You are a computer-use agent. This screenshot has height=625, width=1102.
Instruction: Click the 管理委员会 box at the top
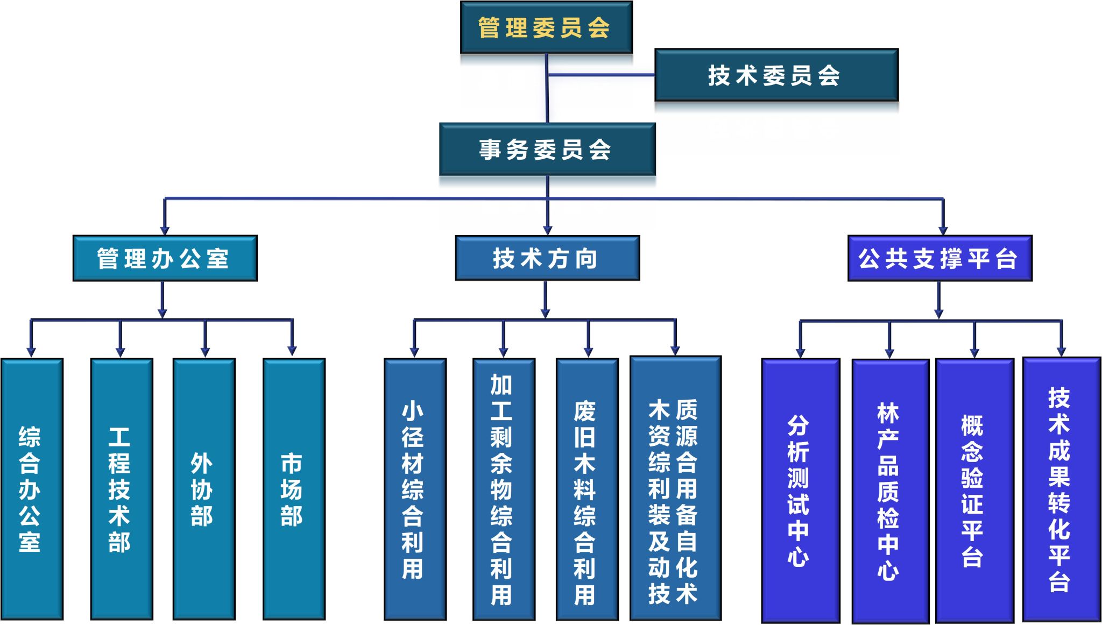pyautogui.click(x=546, y=27)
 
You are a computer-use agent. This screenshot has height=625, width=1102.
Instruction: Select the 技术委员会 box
pyautogui.click(x=776, y=75)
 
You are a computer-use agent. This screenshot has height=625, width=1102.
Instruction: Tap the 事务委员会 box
pyautogui.click(x=547, y=149)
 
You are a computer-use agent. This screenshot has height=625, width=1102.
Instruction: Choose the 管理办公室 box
pyautogui.click(x=165, y=258)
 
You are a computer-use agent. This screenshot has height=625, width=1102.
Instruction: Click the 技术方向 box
pyautogui.click(x=547, y=258)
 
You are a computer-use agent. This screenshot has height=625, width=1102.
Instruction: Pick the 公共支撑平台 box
pyautogui.click(x=939, y=258)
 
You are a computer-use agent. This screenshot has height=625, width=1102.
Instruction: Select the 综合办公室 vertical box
pyautogui.click(x=32, y=488)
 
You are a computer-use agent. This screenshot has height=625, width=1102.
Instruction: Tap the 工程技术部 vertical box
pyautogui.click(x=121, y=488)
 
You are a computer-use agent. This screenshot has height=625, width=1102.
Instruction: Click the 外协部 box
pyautogui.click(x=203, y=488)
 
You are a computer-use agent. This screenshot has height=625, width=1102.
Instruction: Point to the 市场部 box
pyautogui.click(x=293, y=488)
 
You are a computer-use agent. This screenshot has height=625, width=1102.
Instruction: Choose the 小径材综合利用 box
pyautogui.click(x=414, y=488)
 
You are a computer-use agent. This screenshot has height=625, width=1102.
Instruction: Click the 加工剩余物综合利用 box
pyautogui.click(x=503, y=488)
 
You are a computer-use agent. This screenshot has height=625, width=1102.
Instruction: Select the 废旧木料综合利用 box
pyautogui.click(x=587, y=488)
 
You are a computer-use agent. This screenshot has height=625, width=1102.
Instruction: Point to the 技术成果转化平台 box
pyautogui.click(x=1061, y=488)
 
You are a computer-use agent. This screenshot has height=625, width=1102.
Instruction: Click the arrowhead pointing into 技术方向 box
pyautogui.click(x=547, y=230)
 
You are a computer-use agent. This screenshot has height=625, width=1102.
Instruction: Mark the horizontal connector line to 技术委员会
pyautogui.click(x=601, y=75)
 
